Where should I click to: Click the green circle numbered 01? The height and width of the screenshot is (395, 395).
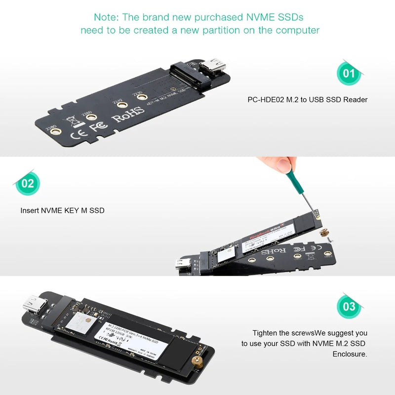349,74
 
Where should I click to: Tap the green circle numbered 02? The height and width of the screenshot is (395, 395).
28,184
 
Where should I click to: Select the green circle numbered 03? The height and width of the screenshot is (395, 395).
349,307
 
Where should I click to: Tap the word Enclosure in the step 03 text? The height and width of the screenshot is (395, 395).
350,354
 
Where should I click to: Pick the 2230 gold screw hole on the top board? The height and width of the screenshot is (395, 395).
141,97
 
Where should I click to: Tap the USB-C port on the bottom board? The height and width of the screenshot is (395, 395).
36,305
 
